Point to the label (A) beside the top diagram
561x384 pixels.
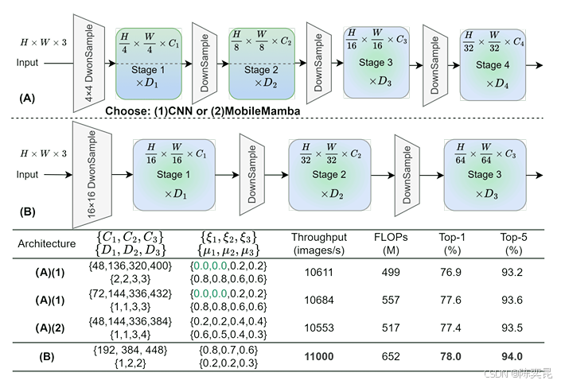coord(27,99)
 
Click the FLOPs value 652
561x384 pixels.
coord(391,357)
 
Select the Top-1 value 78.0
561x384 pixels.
coord(452,357)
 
